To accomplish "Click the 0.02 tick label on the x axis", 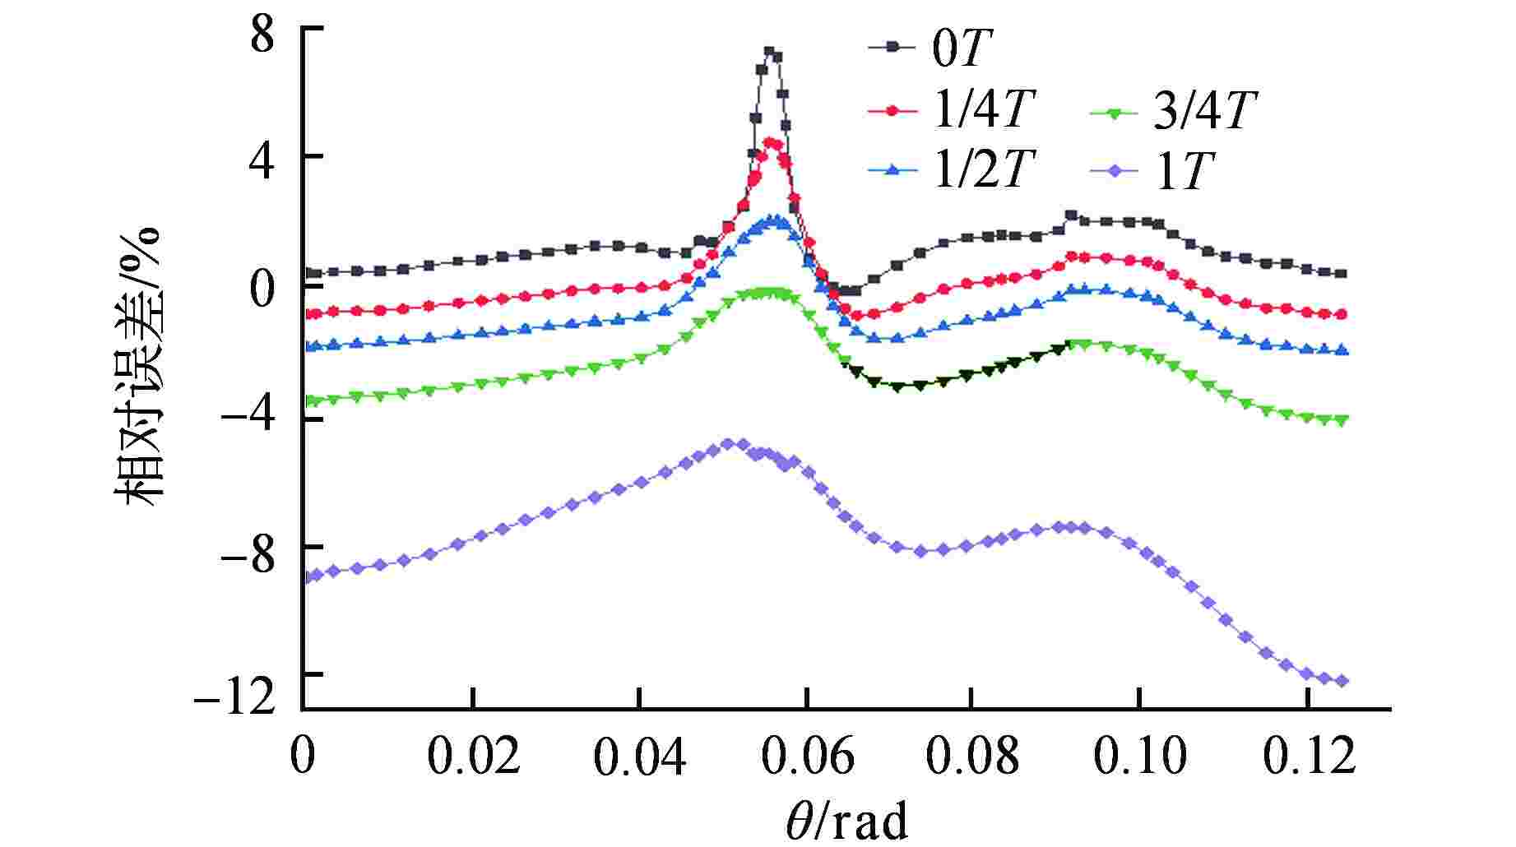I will click(474, 756).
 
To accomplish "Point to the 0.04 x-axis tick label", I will click(640, 756).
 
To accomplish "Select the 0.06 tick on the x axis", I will click(807, 756).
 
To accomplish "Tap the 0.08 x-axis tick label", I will click(972, 756).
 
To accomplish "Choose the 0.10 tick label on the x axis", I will click(1139, 756).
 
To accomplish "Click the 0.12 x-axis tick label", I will click(1308, 756).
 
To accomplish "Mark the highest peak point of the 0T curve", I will click(769, 51).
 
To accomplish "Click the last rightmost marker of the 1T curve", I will click(1342, 681).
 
